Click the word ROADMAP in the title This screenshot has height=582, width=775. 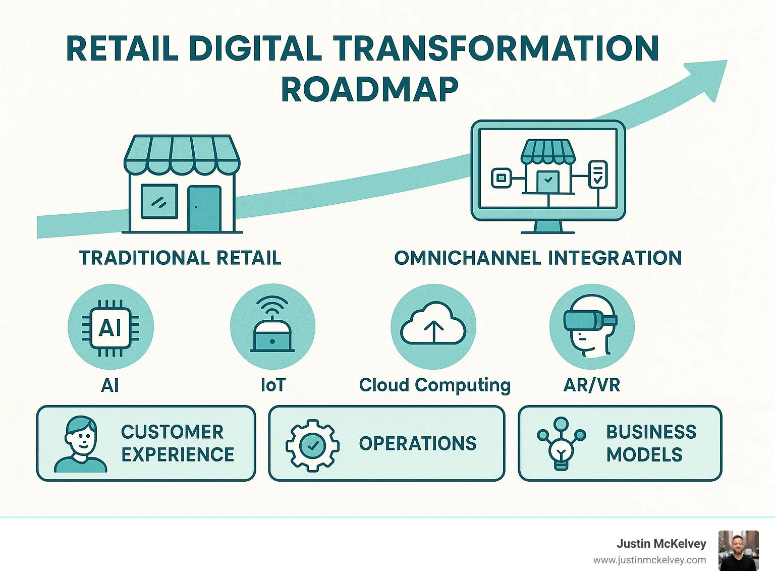369,90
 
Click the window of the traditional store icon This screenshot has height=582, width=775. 159,202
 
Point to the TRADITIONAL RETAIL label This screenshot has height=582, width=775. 180,258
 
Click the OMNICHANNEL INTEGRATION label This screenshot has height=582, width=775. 538,258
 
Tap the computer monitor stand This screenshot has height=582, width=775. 547,227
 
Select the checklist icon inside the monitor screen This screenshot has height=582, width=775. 598,174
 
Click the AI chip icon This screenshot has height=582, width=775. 110,327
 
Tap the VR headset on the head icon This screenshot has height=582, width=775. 590,319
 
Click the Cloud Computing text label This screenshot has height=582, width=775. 434,385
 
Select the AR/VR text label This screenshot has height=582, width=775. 591,385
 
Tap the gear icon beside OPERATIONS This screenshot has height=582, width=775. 312,445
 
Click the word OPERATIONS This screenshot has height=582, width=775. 417,444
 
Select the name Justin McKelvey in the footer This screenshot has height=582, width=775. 661,544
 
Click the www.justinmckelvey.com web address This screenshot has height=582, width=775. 649,560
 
